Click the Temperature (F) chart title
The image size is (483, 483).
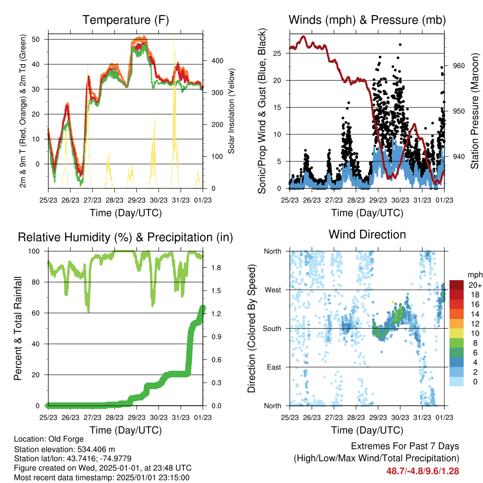(125, 20)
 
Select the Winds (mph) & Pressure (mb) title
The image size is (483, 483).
(367, 20)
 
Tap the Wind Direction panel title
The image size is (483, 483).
(367, 234)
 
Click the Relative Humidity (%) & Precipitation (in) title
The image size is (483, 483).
(125, 238)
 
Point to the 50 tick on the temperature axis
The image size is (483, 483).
(36, 40)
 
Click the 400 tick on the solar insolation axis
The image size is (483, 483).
(217, 61)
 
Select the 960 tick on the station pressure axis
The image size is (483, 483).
(458, 66)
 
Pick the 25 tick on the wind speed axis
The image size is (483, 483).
(277, 53)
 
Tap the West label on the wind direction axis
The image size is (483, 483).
(273, 290)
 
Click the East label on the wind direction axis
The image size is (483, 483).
(274, 367)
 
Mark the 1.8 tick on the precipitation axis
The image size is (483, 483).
(216, 268)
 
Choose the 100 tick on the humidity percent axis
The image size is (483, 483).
(34, 251)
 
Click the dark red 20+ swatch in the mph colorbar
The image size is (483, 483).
(457, 285)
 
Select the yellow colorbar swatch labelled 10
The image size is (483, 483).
(457, 333)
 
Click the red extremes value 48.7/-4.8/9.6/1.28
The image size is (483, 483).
(423, 471)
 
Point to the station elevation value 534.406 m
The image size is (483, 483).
(95, 449)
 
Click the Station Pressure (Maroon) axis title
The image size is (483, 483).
(475, 111)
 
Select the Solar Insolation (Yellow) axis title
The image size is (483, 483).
(231, 111)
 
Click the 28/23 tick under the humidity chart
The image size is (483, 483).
(115, 417)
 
